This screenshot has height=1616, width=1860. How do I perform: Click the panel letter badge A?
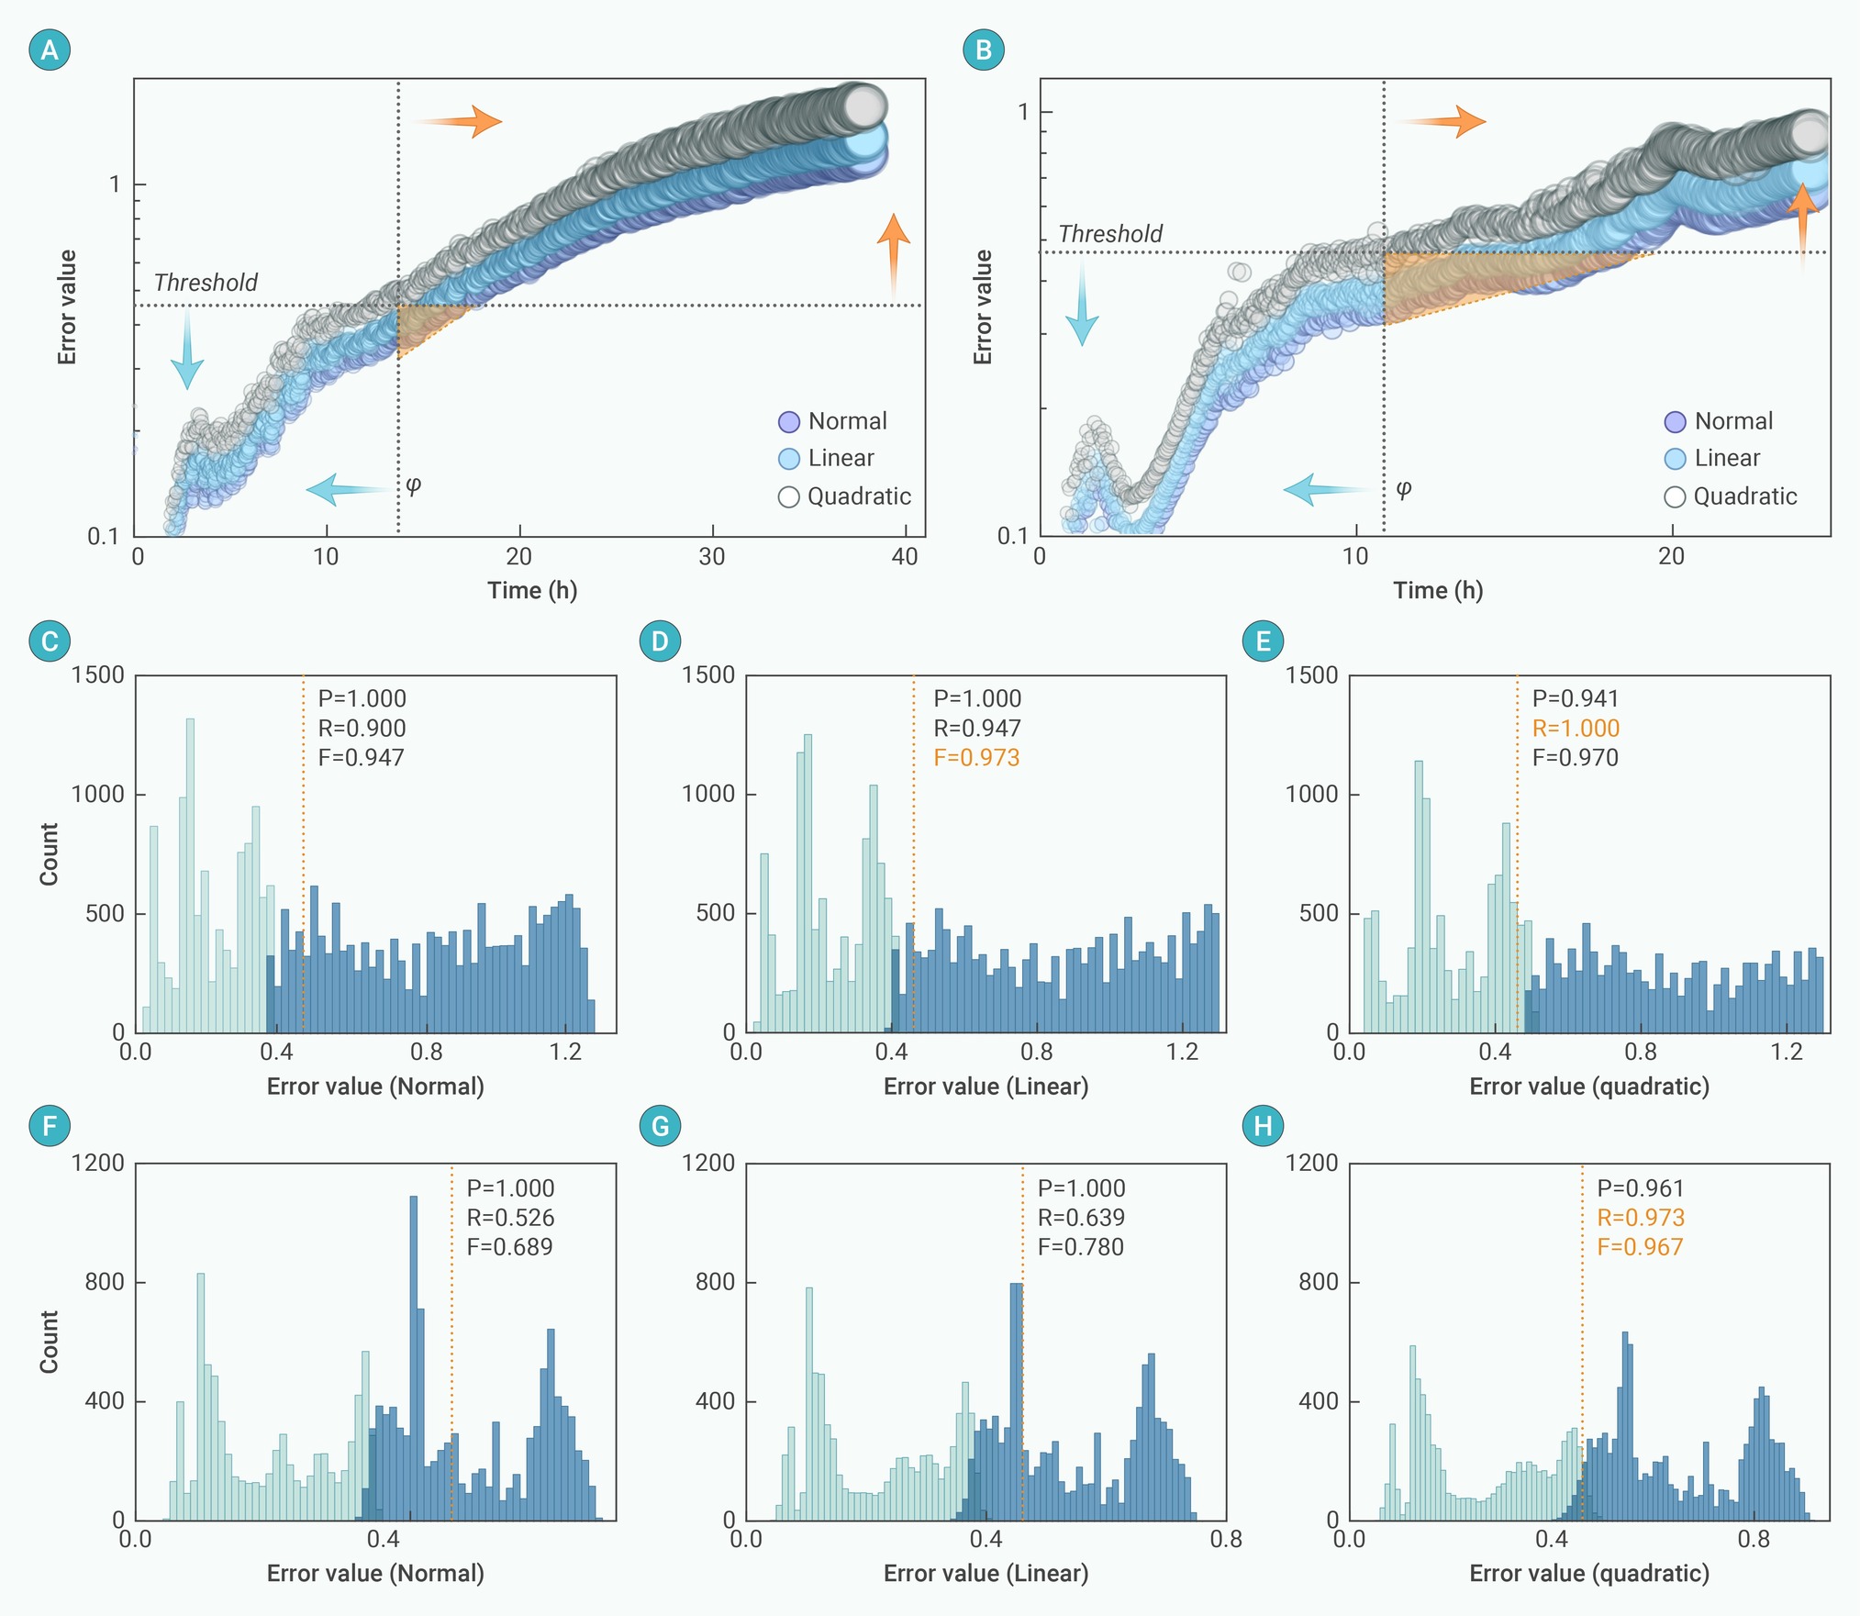click(50, 50)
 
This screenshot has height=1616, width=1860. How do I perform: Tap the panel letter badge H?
click(1263, 1125)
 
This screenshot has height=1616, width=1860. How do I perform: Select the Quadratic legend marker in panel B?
click(1675, 496)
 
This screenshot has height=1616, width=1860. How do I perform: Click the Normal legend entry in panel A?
click(833, 421)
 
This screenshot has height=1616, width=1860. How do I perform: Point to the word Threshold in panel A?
click(206, 283)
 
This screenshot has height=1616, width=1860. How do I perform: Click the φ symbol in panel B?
click(1403, 488)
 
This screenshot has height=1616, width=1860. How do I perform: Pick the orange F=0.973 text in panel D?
click(976, 757)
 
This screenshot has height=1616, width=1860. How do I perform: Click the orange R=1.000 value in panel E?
click(1576, 728)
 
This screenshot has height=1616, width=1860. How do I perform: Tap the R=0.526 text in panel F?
click(510, 1217)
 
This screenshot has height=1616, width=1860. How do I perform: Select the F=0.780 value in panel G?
click(1081, 1246)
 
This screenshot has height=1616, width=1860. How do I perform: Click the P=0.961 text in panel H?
click(1641, 1187)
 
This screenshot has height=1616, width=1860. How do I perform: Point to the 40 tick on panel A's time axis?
click(905, 557)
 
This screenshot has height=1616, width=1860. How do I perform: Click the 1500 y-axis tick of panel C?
click(98, 674)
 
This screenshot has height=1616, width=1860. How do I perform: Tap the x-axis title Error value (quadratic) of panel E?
click(1589, 1087)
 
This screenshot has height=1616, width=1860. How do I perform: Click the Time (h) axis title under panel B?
click(1438, 590)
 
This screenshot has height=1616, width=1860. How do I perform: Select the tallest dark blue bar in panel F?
click(413, 1358)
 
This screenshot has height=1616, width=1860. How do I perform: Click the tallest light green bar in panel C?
click(190, 875)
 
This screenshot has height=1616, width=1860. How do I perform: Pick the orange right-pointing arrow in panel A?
click(455, 121)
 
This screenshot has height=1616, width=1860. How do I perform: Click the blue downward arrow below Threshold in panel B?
click(1082, 302)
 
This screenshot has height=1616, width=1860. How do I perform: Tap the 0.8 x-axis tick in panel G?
click(1226, 1539)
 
